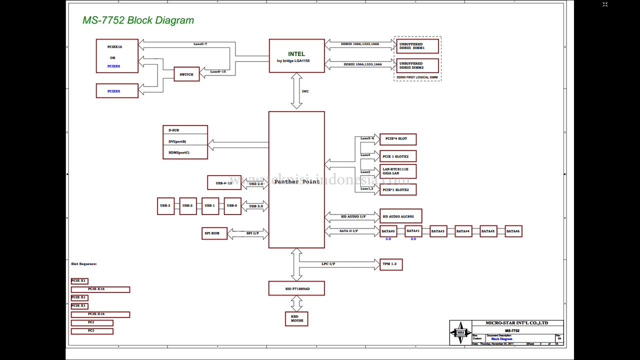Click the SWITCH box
point(186,74)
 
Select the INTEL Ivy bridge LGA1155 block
point(296,55)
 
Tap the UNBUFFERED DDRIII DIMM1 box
point(417,46)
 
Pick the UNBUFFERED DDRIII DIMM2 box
point(417,65)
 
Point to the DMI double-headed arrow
point(296,91)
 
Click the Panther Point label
point(296,181)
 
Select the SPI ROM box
point(214,233)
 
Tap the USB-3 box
point(165,205)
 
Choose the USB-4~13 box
point(224,183)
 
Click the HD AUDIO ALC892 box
point(400,216)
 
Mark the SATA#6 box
point(513,231)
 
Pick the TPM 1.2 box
point(391,264)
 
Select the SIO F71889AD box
point(296,288)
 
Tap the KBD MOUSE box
point(296,318)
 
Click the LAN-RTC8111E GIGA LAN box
point(397,171)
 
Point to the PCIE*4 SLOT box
point(397,139)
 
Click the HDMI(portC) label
point(179,152)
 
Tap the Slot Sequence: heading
point(84,263)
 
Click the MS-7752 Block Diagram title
point(138,20)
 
